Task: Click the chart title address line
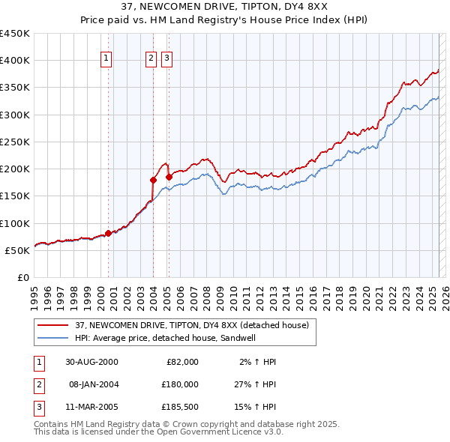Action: [224, 7]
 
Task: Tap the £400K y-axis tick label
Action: [15, 61]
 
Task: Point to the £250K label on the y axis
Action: [15, 142]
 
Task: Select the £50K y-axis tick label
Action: [18, 250]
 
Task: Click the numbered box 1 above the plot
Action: [106, 58]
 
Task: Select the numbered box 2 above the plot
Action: [151, 58]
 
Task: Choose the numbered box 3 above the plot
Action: [166, 58]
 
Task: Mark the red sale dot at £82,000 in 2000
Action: [109, 233]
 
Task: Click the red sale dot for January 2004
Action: [153, 180]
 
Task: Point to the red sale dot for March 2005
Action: [169, 177]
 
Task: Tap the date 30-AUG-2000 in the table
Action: [92, 361]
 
